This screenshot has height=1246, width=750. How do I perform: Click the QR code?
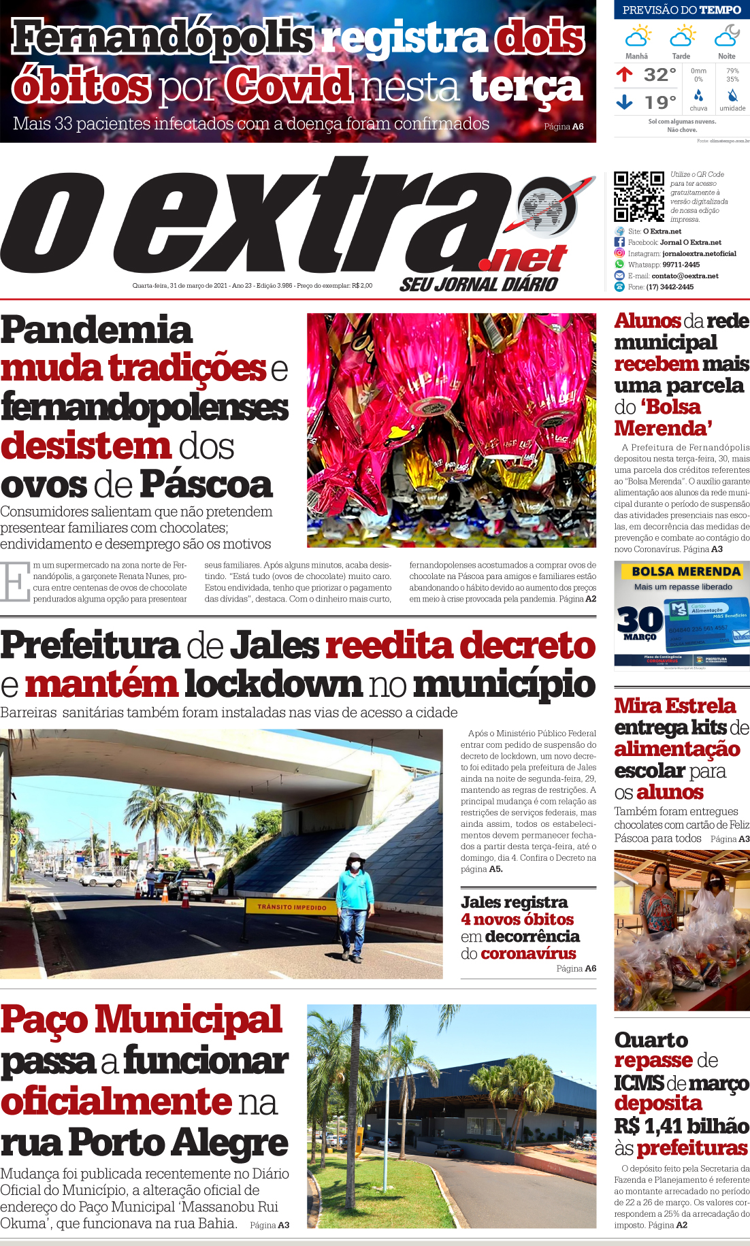tap(638, 197)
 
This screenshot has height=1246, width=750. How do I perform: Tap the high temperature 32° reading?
tap(659, 74)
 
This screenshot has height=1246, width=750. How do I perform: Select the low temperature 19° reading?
tap(659, 102)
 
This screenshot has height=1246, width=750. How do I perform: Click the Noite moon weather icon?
tap(727, 35)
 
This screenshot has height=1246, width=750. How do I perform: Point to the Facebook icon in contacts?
tap(619, 242)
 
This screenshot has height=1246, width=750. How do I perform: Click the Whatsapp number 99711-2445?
tap(681, 265)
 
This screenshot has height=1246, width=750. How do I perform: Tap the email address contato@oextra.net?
tap(685, 276)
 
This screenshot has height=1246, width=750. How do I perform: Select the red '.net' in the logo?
tap(523, 259)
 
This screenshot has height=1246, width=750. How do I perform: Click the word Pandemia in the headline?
tap(97, 330)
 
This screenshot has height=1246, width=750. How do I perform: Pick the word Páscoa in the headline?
tap(206, 485)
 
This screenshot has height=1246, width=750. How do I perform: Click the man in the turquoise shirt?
tap(354, 905)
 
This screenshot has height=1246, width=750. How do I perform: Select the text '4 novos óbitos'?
tap(517, 919)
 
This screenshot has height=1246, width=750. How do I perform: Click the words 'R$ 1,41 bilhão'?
tap(681, 1126)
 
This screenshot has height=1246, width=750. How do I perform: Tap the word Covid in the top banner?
tap(289, 86)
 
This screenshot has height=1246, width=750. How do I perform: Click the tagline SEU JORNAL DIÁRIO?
tap(478, 284)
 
